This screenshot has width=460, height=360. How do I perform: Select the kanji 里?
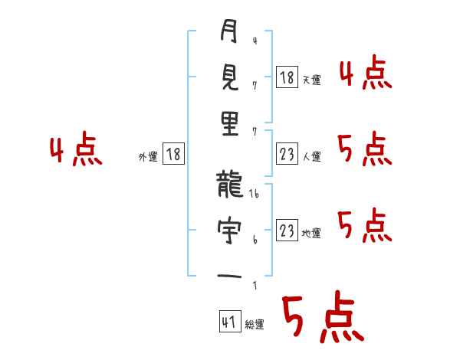pos(229,123)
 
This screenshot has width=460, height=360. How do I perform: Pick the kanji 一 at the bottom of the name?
pos(229,274)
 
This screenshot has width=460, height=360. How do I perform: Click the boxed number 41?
pos(228,322)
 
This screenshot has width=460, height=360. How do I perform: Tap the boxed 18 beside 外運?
pos(174,155)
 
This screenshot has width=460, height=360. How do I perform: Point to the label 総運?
pos(254,325)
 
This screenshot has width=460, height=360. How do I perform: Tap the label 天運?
pos(312,80)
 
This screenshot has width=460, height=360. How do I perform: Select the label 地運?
pos(312,233)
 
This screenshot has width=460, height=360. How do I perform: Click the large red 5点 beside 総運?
pos(322,319)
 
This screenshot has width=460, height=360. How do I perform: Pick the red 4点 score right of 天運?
pos(365,74)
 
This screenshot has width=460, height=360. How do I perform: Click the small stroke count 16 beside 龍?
pos(255,195)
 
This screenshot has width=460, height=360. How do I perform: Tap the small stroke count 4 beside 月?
pos(254,40)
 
